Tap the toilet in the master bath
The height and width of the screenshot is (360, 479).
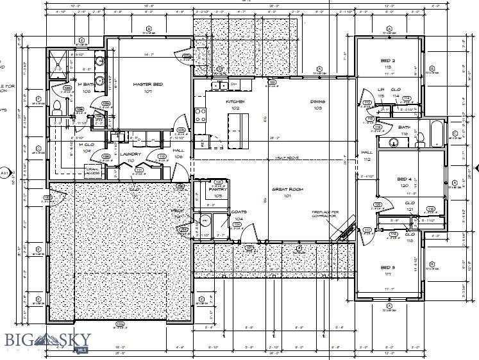click(x=56, y=106)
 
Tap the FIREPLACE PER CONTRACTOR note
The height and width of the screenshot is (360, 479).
click(x=324, y=214)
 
